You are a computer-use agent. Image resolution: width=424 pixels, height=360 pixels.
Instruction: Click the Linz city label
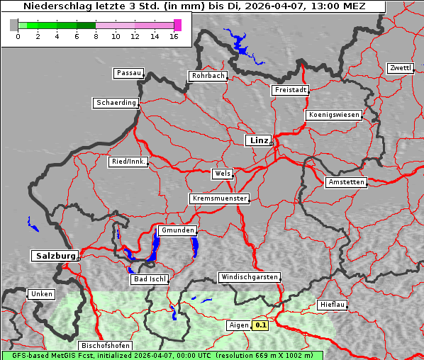pyautogui.click(x=258, y=140)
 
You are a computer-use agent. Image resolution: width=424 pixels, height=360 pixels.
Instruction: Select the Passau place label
pyautogui.click(x=128, y=73)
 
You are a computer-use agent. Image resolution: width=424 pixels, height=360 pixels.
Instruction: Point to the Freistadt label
pyautogui.click(x=290, y=90)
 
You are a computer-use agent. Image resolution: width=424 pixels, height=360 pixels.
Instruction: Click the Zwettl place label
pyautogui.click(x=400, y=68)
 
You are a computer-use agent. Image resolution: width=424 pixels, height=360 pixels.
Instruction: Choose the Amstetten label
pyautogui.click(x=346, y=182)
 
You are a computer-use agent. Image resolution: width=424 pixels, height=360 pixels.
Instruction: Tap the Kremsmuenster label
pyautogui.click(x=220, y=198)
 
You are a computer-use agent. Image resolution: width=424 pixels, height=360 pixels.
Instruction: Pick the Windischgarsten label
pyautogui.click(x=249, y=277)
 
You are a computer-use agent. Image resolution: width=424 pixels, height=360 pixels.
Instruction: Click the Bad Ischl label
pyautogui.click(x=150, y=280)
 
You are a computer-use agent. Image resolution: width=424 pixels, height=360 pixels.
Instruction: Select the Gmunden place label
pyautogui.click(x=176, y=231)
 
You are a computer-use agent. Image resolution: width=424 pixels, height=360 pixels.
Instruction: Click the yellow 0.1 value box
pyautogui.click(x=261, y=325)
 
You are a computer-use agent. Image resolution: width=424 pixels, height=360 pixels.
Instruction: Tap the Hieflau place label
pyautogui.click(x=333, y=305)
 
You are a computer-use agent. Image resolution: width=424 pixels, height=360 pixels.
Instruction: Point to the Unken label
pyautogui.click(x=41, y=294)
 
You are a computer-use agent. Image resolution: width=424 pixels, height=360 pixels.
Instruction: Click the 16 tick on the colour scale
pyautogui.click(x=174, y=36)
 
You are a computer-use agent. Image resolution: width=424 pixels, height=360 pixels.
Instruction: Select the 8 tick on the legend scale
pyautogui.click(x=96, y=36)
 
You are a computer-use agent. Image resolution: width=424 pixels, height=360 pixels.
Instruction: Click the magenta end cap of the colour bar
pyautogui.click(x=177, y=26)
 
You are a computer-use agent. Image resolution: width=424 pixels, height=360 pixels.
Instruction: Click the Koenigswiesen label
pyautogui.click(x=334, y=115)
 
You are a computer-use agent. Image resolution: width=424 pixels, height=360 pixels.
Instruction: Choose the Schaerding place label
pyautogui.click(x=116, y=103)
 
